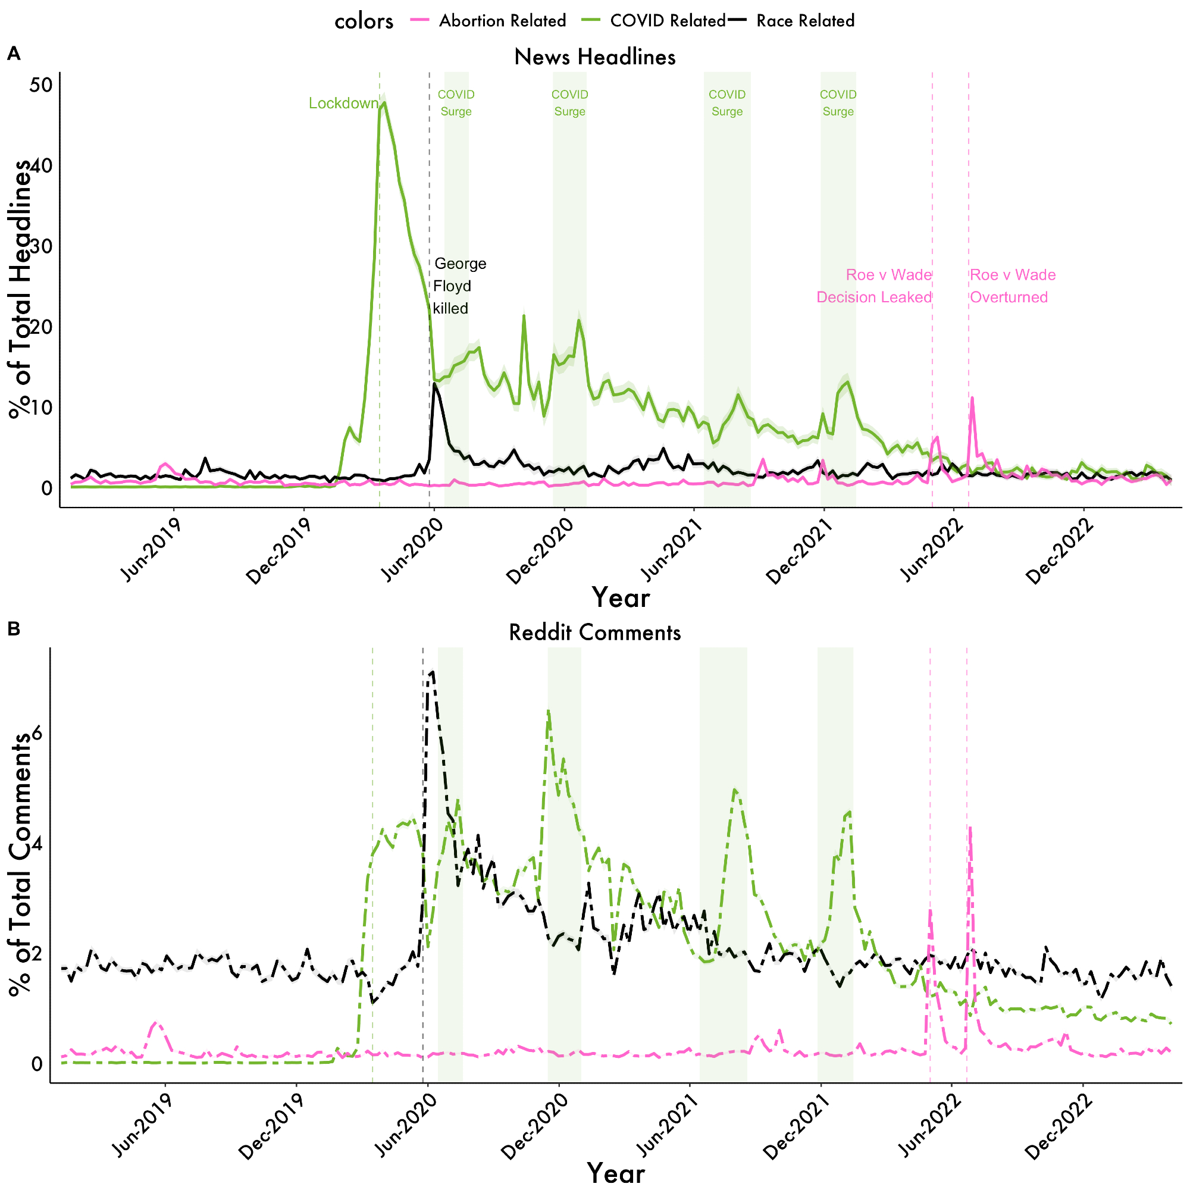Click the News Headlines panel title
pyautogui.click(x=595, y=57)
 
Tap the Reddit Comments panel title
pyautogui.click(x=595, y=632)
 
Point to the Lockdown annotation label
pyautogui.click(x=343, y=104)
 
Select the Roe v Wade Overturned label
pyautogui.click(x=1012, y=286)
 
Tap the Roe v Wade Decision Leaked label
pyautogui.click(x=874, y=286)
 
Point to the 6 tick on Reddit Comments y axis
pyautogui.click(x=37, y=733)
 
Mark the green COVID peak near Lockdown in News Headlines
pyautogui.click(x=385, y=103)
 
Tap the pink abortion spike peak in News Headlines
pyautogui.click(x=972, y=398)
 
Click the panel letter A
pyautogui.click(x=14, y=54)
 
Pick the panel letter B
pyautogui.click(x=14, y=629)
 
